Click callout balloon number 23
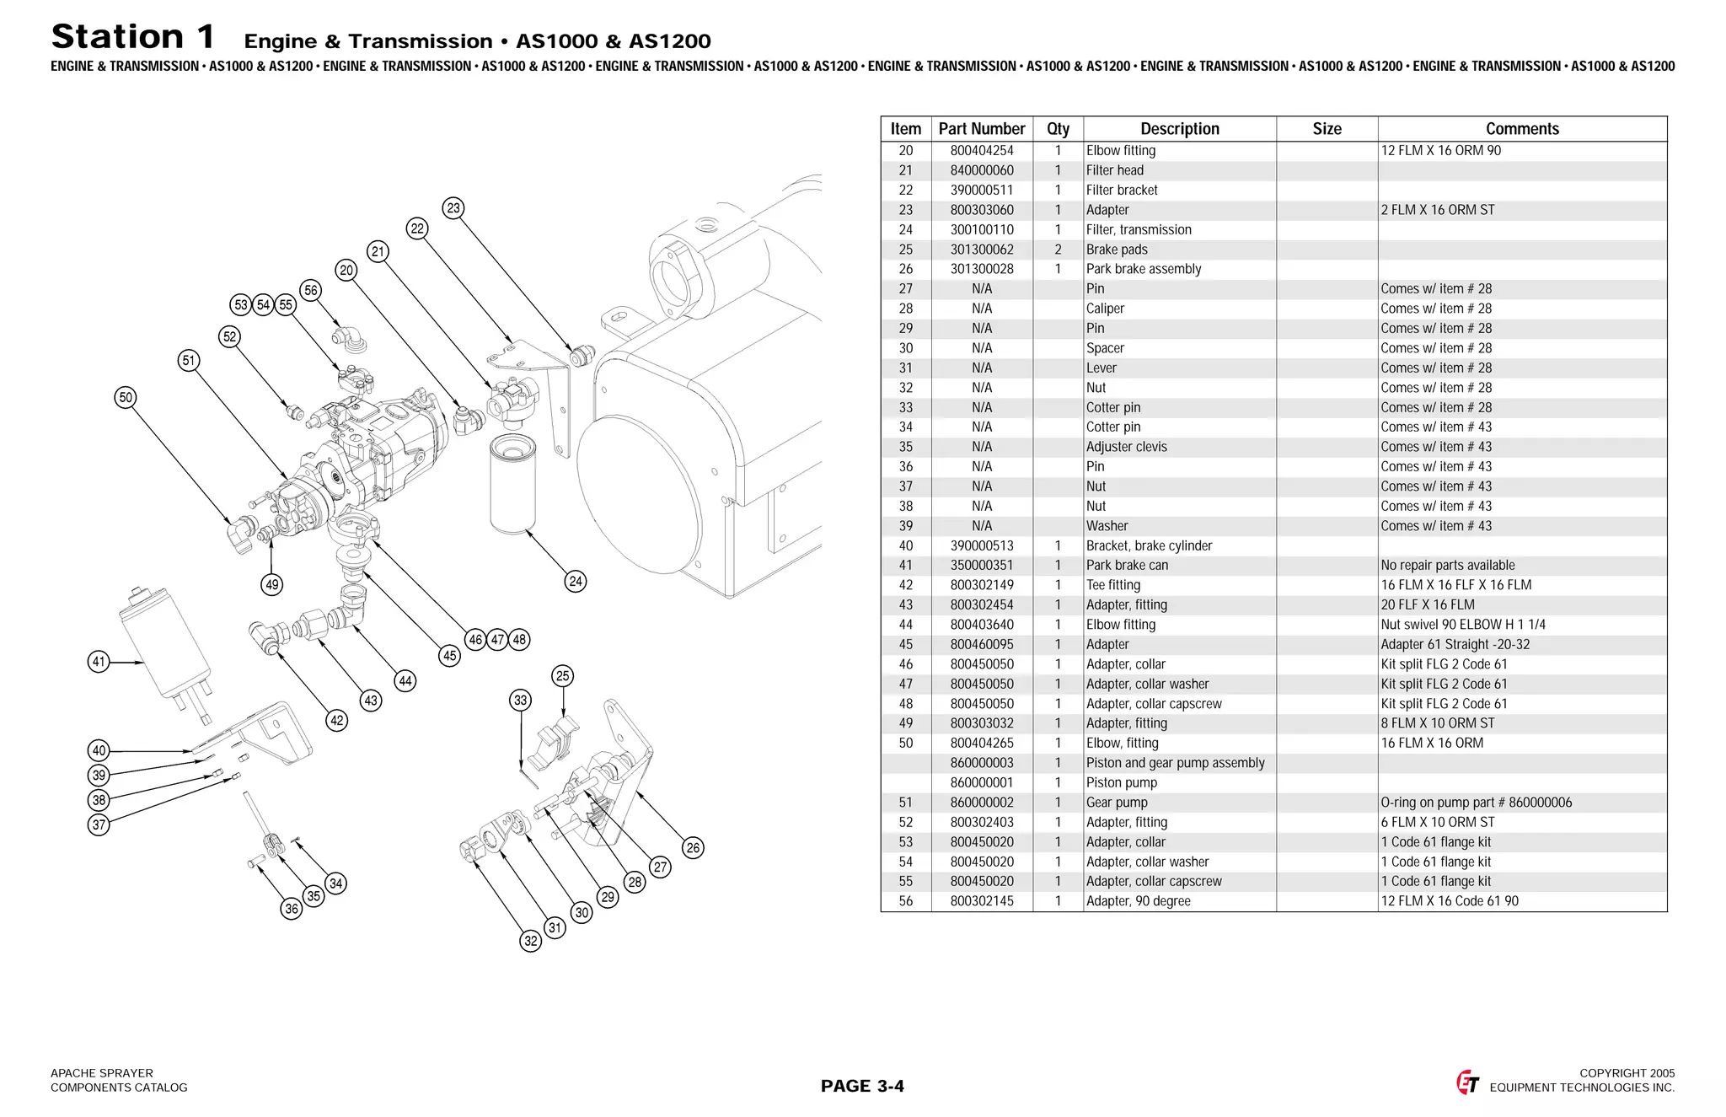453,208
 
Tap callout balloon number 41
99,662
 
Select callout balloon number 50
126,398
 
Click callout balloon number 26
693,848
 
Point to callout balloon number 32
530,942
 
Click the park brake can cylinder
164,645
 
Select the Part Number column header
981,129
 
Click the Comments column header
1521,129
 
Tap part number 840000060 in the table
981,170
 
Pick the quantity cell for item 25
1057,250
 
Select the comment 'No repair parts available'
1447,566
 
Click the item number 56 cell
905,901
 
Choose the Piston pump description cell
1121,783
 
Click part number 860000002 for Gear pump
981,803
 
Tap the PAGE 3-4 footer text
861,1086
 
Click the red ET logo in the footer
1467,1082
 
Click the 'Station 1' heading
133,37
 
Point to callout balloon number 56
311,291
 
